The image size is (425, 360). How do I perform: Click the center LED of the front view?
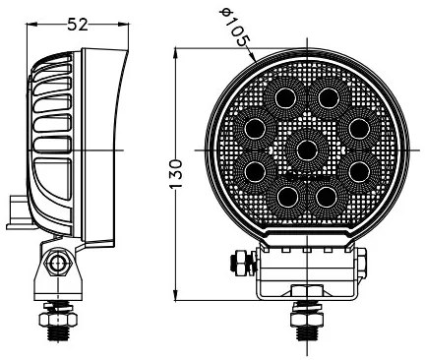[x=307, y=150]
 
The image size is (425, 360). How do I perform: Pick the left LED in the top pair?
[x=287, y=98]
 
